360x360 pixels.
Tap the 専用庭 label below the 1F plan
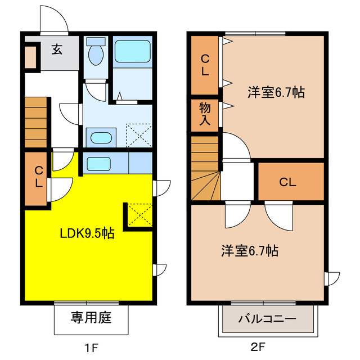(x=91, y=318)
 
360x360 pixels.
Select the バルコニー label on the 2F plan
(x=267, y=319)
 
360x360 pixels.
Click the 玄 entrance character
(x=57, y=49)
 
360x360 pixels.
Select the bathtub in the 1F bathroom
(x=133, y=52)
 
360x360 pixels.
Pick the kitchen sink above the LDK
(x=98, y=164)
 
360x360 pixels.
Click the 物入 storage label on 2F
(x=205, y=115)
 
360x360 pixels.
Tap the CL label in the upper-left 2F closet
(x=205, y=64)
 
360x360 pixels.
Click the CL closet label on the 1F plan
(x=38, y=177)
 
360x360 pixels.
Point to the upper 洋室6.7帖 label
(x=276, y=93)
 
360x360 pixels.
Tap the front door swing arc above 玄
(x=55, y=21)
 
